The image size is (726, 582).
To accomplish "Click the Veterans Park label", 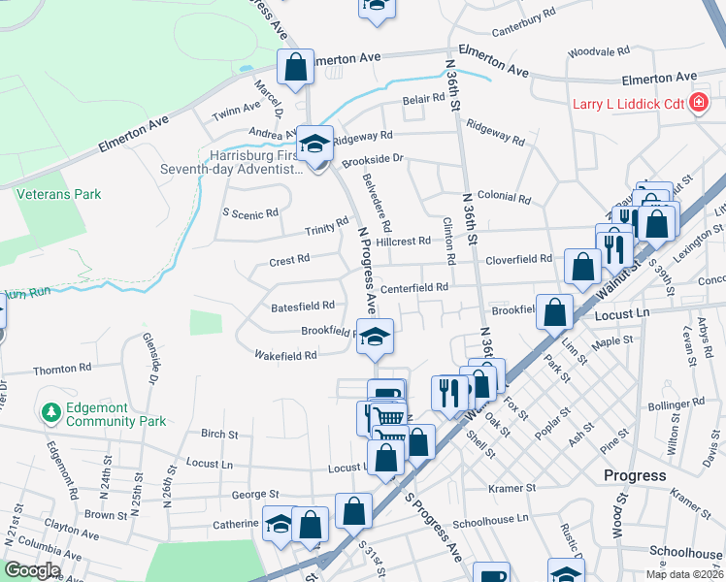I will coord(59,194).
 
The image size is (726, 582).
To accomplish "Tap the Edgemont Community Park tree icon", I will coord(50,413).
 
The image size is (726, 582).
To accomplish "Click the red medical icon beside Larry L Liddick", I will coord(698,104).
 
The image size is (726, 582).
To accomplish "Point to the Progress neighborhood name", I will coord(635,475).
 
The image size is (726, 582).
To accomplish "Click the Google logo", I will coord(32,570).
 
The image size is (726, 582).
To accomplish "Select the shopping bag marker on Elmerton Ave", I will coord(295,68).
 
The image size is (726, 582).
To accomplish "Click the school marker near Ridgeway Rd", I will coord(314,144).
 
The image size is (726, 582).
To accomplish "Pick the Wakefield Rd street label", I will coord(284,356).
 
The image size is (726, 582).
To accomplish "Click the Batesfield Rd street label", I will coord(303,306).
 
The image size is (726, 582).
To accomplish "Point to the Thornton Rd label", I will coord(61,369).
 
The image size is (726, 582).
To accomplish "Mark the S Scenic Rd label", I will coord(250,213).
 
